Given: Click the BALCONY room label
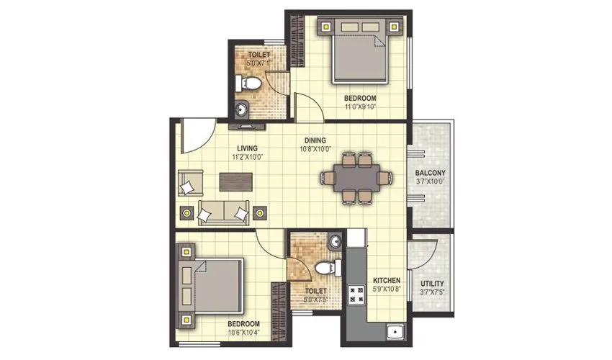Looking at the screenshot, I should point(431,173).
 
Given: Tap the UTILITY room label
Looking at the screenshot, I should point(431,284).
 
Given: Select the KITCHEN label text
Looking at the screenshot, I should point(387,281).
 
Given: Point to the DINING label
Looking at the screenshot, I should point(314,140).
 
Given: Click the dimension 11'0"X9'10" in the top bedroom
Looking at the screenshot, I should point(359,106).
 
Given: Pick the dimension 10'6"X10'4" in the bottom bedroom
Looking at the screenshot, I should point(244,333).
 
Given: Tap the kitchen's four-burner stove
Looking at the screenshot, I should point(356,293).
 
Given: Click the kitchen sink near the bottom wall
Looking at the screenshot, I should point(392,333).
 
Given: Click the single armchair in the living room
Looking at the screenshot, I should point(189,184).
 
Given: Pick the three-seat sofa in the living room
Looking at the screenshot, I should point(223,212).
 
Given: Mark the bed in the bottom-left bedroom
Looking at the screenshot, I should point(213,284).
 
